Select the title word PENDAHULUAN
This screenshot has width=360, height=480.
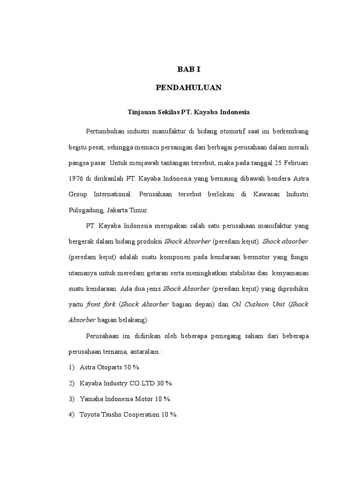pos(188,88)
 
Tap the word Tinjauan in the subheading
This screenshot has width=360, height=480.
pos(141,112)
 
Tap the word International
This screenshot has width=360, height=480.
pos(114,194)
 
